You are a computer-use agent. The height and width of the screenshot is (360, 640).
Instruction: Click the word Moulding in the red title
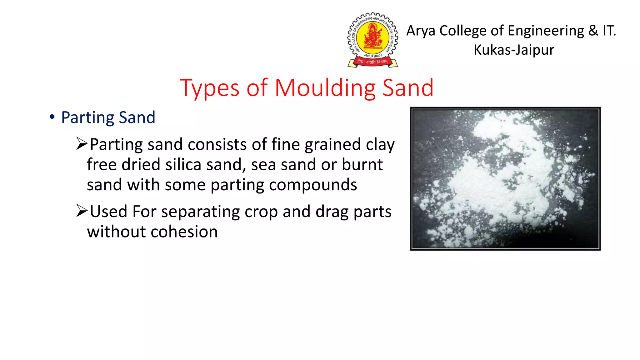[325, 88]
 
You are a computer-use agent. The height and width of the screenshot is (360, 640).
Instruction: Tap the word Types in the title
[209, 88]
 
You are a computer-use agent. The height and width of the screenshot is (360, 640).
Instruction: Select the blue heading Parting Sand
[108, 118]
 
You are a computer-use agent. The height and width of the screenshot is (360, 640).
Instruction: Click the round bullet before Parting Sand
[52, 117]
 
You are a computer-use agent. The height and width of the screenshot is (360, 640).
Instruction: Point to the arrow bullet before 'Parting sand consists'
[82, 144]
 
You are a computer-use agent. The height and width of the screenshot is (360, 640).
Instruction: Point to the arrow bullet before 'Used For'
[82, 211]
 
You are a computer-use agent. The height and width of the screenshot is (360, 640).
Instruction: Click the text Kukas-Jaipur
[514, 50]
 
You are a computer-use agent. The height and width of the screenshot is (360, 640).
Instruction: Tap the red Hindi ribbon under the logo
[372, 62]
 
